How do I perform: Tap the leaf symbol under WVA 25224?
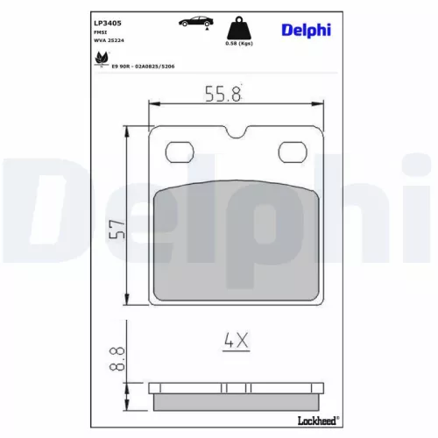tap(101, 60)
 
